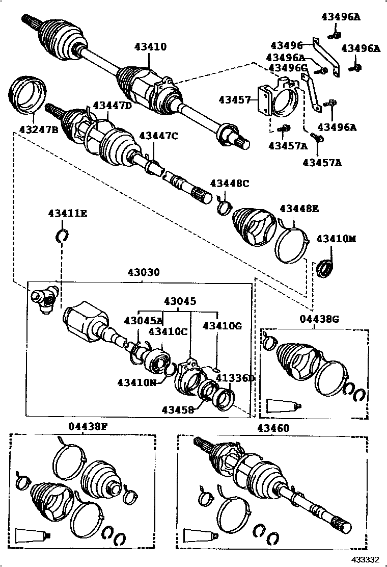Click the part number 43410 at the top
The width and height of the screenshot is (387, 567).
(150, 47)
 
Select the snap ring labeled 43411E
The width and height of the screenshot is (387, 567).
(62, 235)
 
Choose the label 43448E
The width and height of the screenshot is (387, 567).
(299, 208)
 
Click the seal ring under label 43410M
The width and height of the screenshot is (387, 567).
(324, 268)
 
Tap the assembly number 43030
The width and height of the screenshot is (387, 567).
(144, 273)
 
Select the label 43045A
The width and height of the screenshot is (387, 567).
(143, 320)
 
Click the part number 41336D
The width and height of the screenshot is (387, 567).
(235, 378)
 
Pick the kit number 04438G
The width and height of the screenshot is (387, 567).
(319, 319)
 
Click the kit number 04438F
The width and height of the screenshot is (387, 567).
(88, 427)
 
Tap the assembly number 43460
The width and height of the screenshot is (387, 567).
(273, 428)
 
